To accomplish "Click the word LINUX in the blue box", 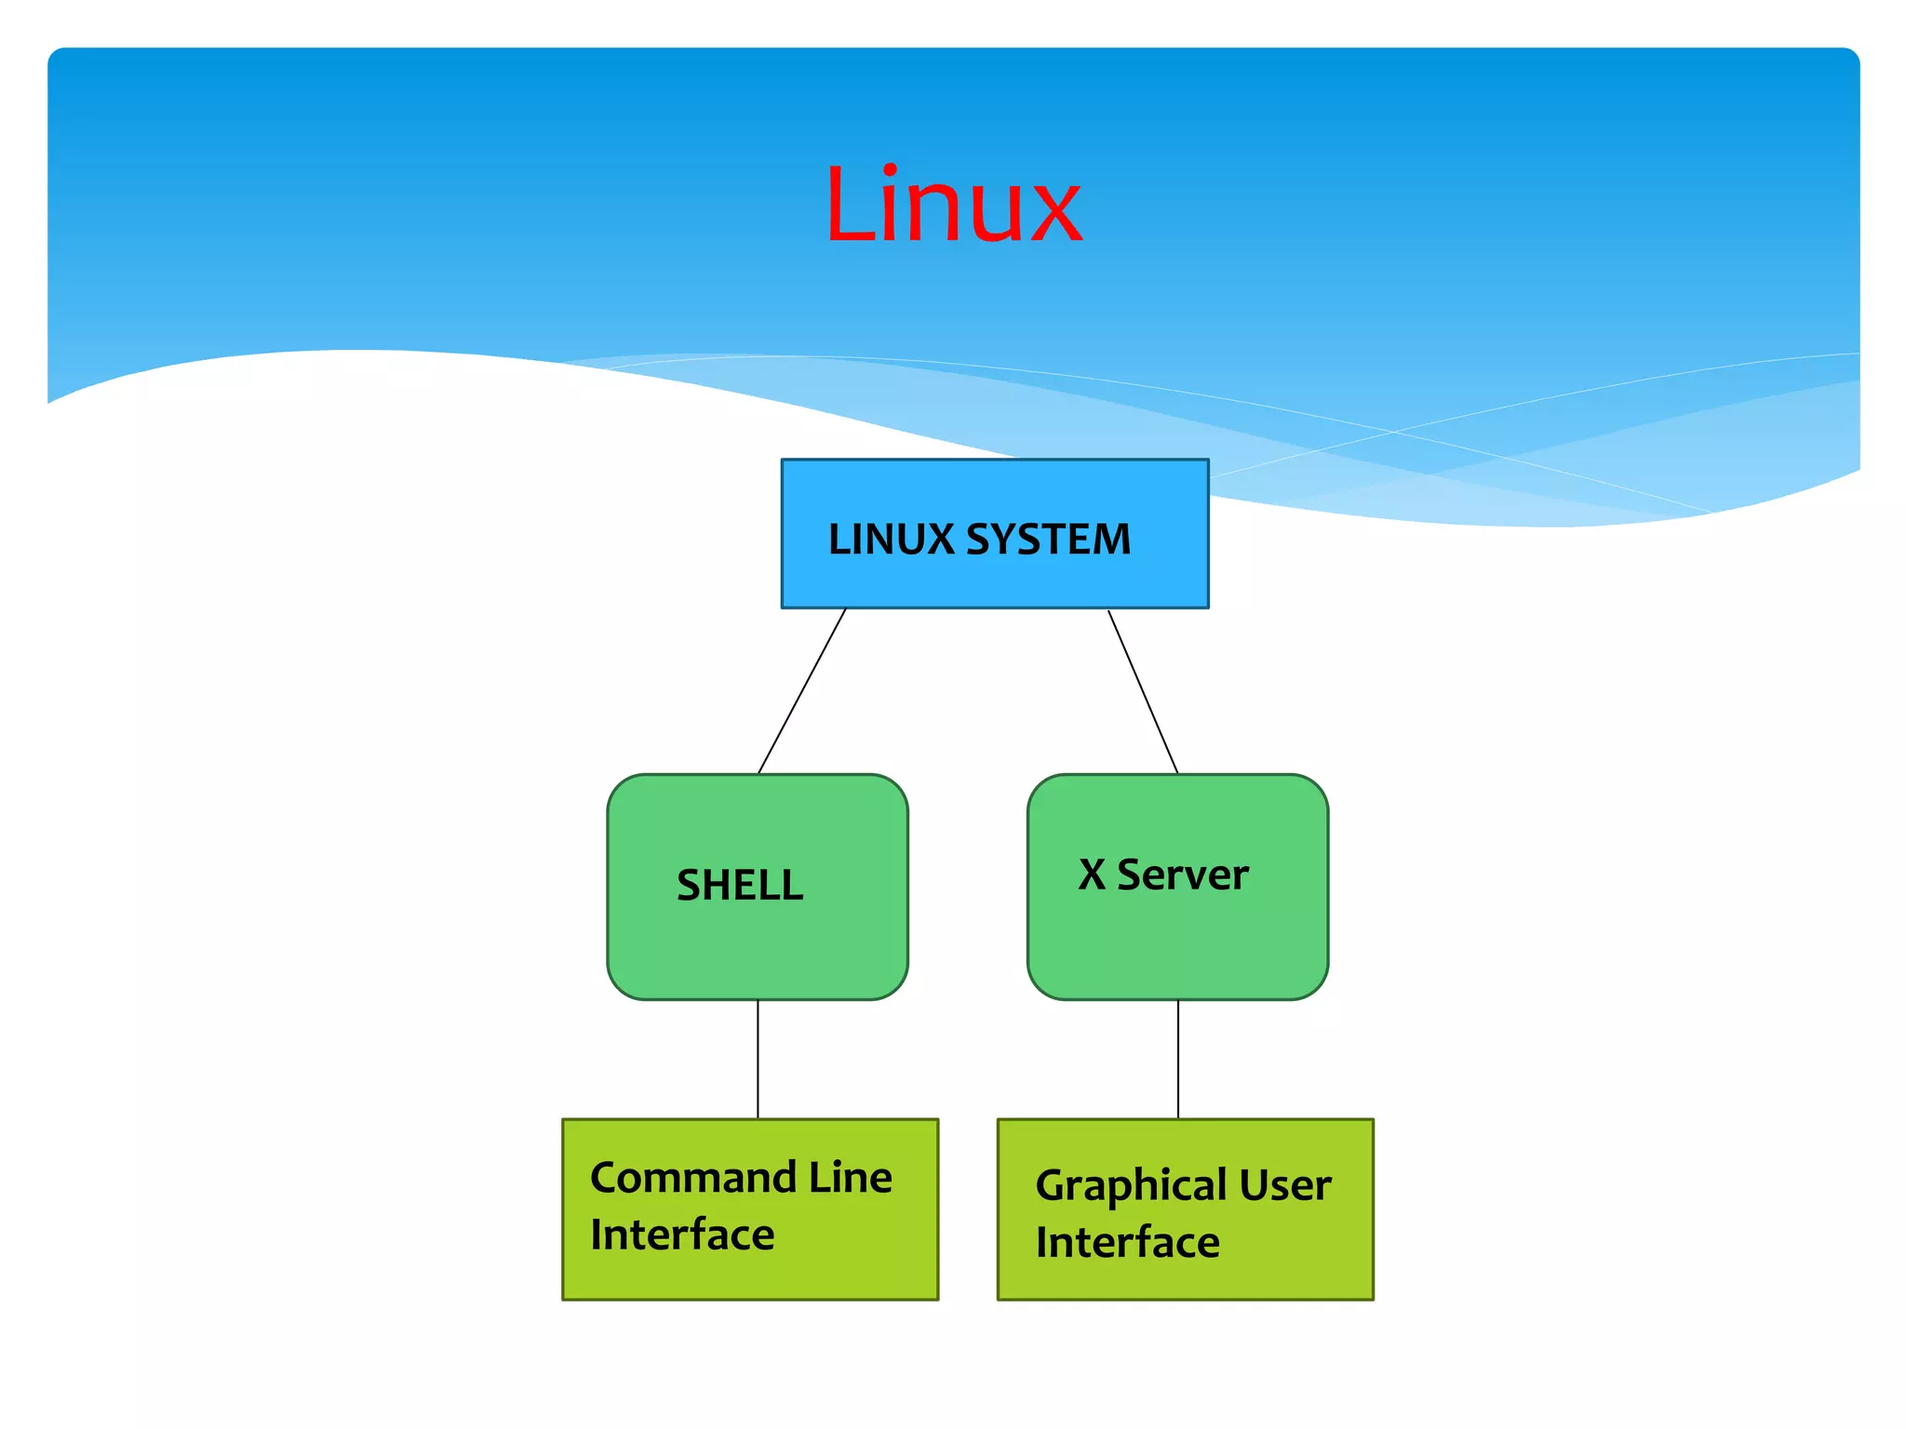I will pos(891,540).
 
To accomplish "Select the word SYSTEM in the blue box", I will pos(1049,540).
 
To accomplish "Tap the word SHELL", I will pos(740,885).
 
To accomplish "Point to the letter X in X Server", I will pos(1092,875).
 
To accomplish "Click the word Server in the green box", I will pos(1183,875).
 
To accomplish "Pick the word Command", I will pos(693,1178).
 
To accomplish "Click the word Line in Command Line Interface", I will pos(851,1178).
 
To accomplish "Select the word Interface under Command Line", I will pos(682,1235).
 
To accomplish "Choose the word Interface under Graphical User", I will pos(1127,1243).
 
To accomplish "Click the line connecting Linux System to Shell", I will pos(802,691).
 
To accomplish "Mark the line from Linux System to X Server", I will pos(1143,691).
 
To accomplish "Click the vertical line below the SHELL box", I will pos(758,1060).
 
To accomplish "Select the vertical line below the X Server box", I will pos(1178,1060).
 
